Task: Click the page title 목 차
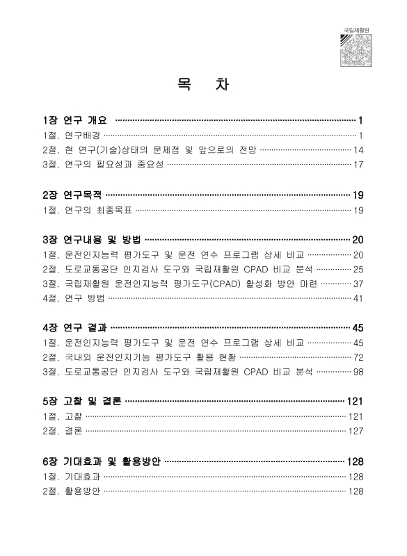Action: tap(202, 86)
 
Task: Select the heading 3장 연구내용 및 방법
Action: tap(91, 240)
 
